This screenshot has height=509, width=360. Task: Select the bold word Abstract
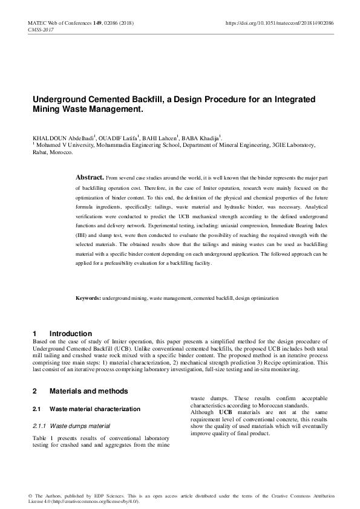pos(89,178)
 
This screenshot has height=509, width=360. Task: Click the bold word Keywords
pos(88,299)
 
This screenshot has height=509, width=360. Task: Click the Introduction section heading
pos(70,334)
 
